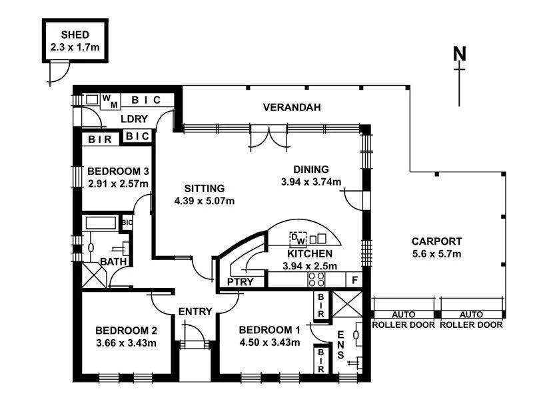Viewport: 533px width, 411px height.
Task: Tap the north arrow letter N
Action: [459, 54]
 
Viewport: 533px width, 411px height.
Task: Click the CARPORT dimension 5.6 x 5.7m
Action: [436, 253]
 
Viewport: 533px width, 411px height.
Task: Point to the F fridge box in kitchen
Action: [355, 281]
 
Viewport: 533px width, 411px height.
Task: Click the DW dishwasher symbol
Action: [298, 237]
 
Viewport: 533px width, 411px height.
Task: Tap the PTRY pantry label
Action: [239, 282]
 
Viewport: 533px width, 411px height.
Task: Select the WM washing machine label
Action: [110, 101]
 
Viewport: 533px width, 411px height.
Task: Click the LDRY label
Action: [134, 119]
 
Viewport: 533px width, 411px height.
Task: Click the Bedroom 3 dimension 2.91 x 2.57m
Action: [118, 184]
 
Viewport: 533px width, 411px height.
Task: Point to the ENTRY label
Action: [195, 311]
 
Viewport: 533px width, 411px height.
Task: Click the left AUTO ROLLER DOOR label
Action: [403, 320]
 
